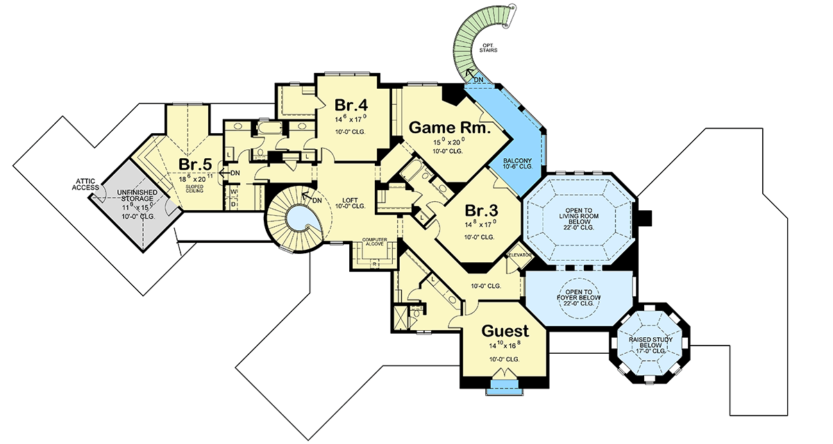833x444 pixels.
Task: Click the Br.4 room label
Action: point(351,105)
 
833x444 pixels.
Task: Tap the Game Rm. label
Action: point(450,128)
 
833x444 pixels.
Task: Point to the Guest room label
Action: point(505,331)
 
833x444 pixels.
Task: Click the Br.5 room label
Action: point(195,164)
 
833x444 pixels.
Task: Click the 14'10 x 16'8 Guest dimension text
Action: point(505,345)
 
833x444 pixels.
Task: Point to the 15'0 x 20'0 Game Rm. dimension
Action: point(449,143)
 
